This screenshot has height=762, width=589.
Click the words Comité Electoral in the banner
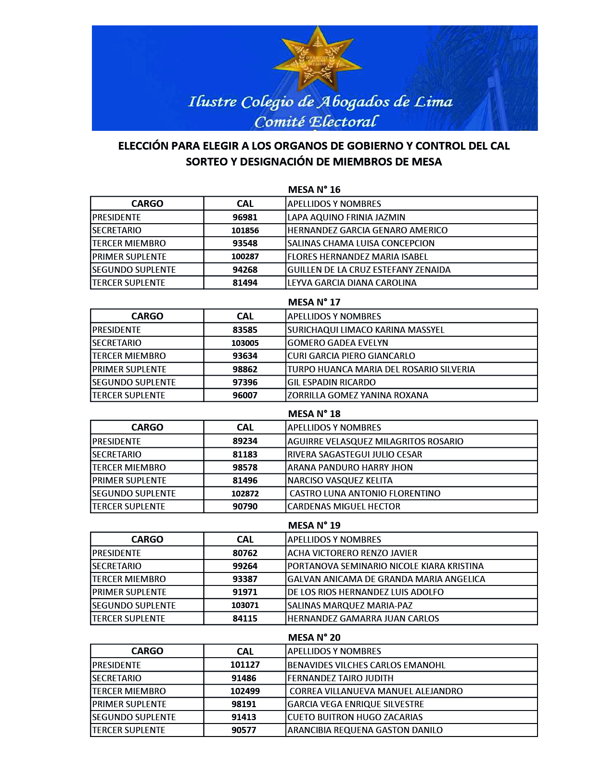tap(316, 122)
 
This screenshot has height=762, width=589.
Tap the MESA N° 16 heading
tap(314, 190)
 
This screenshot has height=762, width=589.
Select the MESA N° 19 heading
tap(314, 525)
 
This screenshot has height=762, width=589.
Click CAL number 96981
tap(245, 217)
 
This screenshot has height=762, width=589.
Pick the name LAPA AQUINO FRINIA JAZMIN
tap(346, 217)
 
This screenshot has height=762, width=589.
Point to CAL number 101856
tap(245, 230)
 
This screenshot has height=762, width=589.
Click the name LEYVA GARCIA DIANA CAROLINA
tap(352, 282)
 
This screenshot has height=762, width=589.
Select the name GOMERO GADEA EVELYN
tap(337, 343)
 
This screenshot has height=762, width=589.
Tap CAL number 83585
tap(245, 330)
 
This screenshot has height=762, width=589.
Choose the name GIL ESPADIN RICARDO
tap(331, 382)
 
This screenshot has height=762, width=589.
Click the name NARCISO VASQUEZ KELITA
tap(340, 480)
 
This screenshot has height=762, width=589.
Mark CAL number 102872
tap(245, 493)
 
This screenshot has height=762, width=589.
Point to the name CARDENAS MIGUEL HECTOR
tap(344, 506)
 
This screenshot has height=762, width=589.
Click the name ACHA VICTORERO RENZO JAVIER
tap(352, 553)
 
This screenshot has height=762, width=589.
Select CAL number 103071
tap(245, 605)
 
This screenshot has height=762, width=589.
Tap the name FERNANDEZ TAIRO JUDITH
tap(340, 678)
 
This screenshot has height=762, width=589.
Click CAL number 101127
tap(245, 665)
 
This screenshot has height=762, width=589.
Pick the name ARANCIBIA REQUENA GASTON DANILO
tap(365, 730)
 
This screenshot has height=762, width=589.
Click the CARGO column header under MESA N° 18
tap(147, 427)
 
